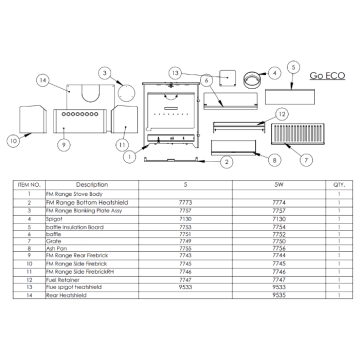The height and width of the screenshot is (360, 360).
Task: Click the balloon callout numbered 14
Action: click(42, 79)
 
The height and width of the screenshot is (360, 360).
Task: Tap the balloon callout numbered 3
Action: click(104, 72)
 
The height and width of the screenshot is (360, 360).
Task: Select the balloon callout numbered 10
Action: click(13, 141)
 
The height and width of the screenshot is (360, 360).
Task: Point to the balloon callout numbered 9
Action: click(62, 145)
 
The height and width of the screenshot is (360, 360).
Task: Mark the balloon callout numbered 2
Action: click(227, 160)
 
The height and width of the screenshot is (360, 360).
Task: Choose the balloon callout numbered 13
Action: click(173, 73)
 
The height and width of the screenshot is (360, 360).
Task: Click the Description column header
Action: click(91, 185)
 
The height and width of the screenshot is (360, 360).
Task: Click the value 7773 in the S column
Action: click(184, 201)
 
